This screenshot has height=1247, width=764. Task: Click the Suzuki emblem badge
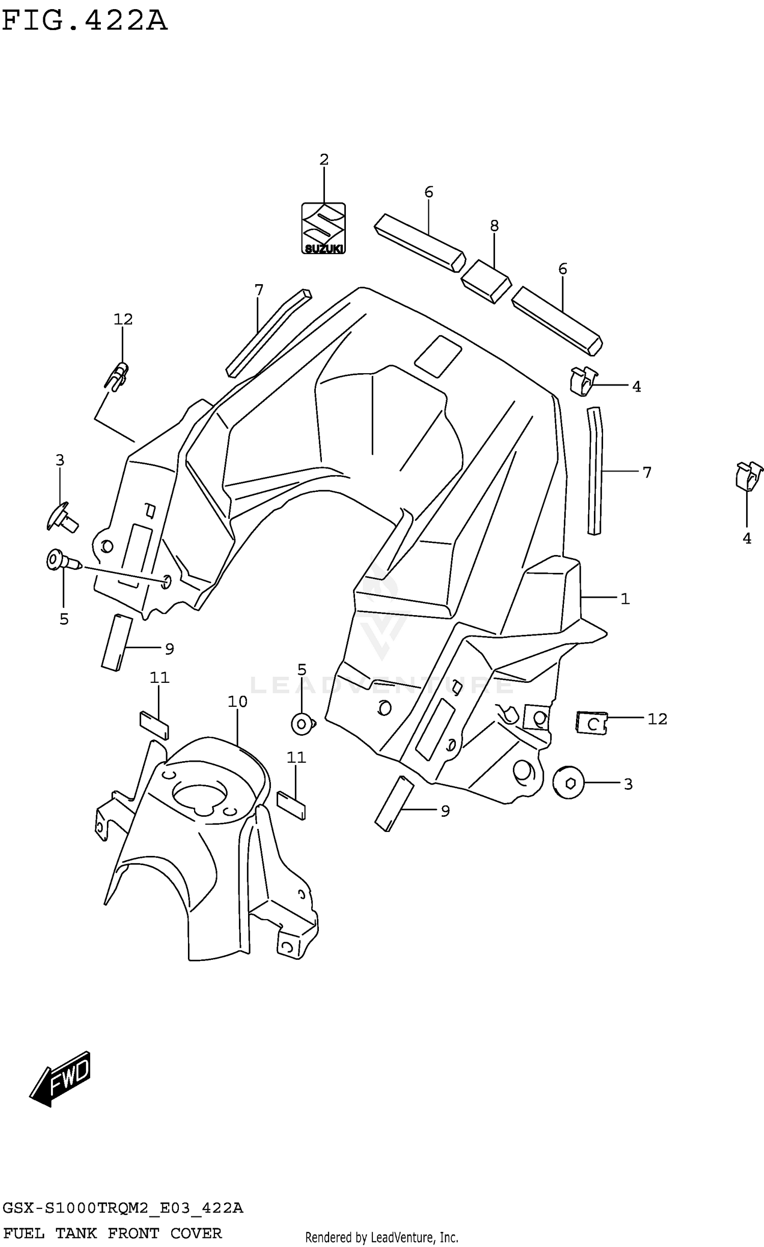[x=323, y=228]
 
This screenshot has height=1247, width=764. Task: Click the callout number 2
[x=324, y=160]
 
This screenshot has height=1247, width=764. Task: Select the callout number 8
[x=494, y=226]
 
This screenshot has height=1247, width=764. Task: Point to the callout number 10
[x=237, y=702]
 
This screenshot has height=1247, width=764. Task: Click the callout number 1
[x=625, y=599]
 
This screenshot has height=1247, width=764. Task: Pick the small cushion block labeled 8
[x=485, y=281]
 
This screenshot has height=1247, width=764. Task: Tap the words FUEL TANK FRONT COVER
[x=112, y=1233]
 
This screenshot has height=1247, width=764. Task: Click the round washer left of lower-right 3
[x=568, y=783]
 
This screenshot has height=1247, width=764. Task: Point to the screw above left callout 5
[x=63, y=562]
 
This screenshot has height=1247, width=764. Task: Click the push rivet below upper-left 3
[x=62, y=517]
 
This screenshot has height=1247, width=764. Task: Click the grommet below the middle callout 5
[x=303, y=724]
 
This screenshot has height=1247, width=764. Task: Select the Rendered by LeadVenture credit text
[x=381, y=1237]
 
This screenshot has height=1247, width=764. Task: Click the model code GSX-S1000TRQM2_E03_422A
[x=123, y=1208]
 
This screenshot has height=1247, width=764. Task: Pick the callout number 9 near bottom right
[x=445, y=811]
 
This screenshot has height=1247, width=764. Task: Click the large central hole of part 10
[x=200, y=798]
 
